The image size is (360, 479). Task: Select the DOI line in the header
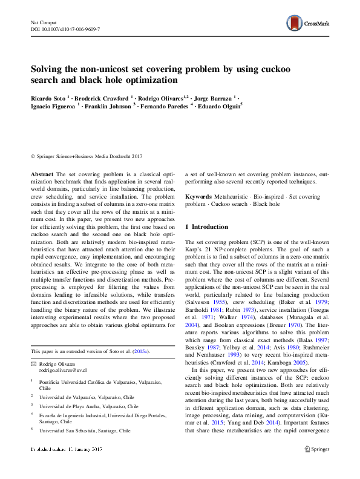[x=65, y=29]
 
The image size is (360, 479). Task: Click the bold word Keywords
[x=198, y=197]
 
